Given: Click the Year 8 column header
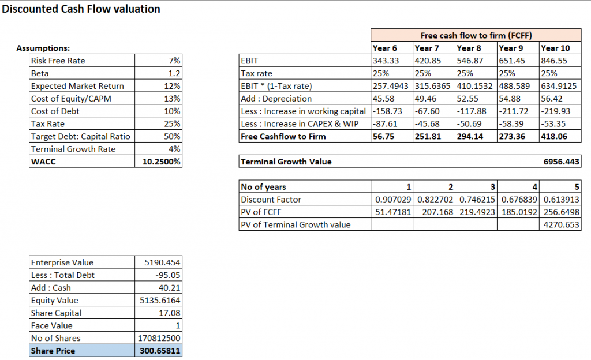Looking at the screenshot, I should point(468,48).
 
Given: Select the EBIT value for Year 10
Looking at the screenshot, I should point(553,61).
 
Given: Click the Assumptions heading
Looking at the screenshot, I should point(43,48).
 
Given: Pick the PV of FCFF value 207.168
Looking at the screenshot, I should point(437,212).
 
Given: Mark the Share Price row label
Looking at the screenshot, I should point(53,351).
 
